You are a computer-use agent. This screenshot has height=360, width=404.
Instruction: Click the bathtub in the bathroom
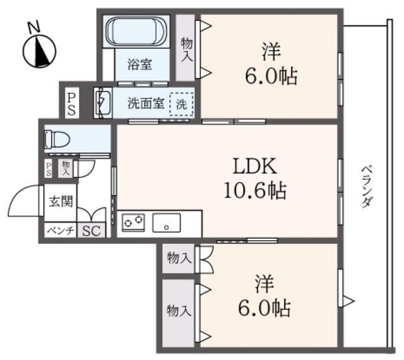[136, 31]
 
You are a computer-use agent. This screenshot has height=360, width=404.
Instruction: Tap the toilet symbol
[57, 139]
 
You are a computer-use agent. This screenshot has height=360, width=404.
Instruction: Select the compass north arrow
[40, 52]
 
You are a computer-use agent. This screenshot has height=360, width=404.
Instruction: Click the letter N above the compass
[34, 27]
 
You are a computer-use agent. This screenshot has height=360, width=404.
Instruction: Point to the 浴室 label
[140, 64]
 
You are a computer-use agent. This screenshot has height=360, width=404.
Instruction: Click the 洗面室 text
[146, 103]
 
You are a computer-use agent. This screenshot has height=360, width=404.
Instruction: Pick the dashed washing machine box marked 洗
[181, 104]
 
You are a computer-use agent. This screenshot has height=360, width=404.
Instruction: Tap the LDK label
[255, 166]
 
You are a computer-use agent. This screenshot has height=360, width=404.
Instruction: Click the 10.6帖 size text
[255, 190]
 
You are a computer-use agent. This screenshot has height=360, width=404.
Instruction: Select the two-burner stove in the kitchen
[133, 223]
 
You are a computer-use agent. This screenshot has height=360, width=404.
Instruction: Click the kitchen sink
[167, 223]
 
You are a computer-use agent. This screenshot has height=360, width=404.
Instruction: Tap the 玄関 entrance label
[61, 202]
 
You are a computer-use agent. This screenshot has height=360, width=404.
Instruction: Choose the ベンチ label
[61, 231]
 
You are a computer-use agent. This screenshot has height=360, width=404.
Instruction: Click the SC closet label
[91, 231]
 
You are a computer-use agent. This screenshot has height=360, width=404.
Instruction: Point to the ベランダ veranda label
[367, 186]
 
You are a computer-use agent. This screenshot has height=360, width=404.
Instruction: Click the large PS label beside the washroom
[71, 104]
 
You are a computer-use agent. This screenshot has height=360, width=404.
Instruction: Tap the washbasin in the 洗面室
[102, 103]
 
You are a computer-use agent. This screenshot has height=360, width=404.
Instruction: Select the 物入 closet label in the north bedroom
[187, 49]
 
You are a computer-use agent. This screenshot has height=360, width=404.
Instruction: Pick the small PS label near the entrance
[49, 168]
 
